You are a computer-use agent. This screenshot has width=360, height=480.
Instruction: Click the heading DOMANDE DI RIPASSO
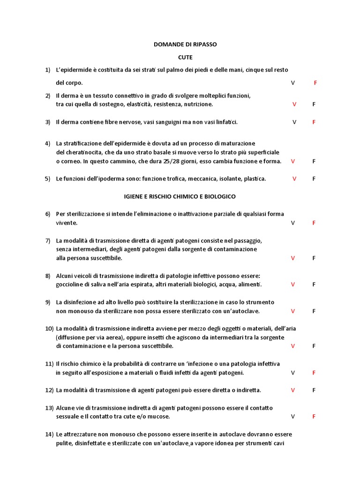[185, 44]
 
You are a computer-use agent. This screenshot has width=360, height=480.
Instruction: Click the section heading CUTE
[185, 57]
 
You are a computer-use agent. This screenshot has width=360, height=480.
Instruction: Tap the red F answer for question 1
[315, 83]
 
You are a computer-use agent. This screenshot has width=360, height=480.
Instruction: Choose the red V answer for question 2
[294, 104]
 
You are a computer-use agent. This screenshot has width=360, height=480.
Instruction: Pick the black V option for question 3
[294, 122]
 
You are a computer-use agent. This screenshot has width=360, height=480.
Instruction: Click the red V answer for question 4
[293, 161]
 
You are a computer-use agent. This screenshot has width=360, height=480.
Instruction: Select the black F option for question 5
[314, 179]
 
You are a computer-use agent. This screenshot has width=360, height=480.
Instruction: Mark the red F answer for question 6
[314, 223]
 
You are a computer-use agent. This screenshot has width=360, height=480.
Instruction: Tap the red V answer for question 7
[293, 258]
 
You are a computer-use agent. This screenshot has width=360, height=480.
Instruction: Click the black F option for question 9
[314, 311]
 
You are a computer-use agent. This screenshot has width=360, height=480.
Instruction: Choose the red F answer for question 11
[314, 373]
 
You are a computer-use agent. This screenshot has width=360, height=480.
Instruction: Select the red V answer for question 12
[293, 390]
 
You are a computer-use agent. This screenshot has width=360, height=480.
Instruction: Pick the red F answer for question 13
[314, 416]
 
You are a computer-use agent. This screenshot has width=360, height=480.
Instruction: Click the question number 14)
[49, 434]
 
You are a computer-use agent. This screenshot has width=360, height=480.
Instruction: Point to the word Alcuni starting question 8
[65, 276]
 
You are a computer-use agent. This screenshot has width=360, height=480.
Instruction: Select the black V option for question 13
[293, 416]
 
